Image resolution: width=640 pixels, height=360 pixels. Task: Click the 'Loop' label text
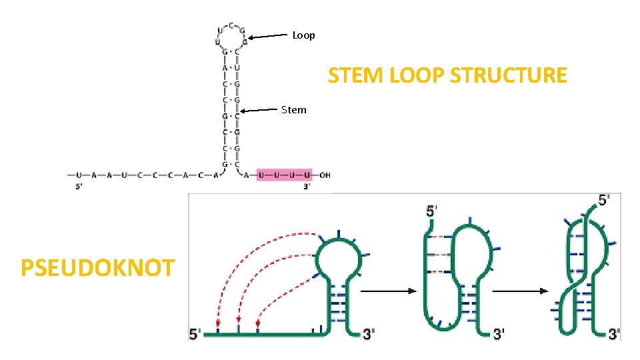pos(303,35)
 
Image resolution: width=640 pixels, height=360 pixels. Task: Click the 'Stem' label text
pos(294,109)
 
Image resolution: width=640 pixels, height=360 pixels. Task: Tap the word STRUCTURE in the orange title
pos(509,75)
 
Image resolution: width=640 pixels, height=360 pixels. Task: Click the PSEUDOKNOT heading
pos(98,268)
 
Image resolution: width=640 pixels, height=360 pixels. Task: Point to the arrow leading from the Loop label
pos(270,37)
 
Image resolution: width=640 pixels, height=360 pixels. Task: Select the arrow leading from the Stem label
pos(260,110)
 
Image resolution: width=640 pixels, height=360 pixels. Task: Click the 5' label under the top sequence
pos(79,187)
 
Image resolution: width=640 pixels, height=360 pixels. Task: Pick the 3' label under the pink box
pos(307,187)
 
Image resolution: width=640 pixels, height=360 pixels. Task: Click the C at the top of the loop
pos(231,25)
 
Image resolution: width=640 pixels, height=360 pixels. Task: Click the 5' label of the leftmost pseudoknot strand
pos(195,334)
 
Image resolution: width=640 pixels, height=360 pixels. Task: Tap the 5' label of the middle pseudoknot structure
pos(432,211)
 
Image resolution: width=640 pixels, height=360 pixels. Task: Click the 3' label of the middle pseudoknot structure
pos(499,333)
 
